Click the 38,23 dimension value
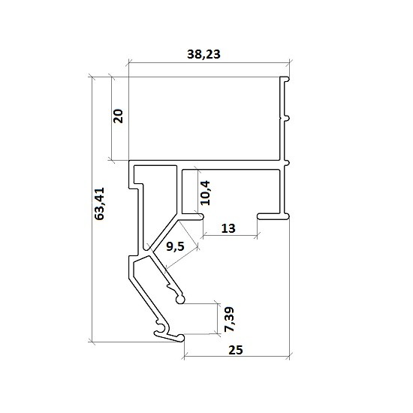(x=203, y=54)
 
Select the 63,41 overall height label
(x=100, y=203)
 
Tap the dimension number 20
(x=118, y=116)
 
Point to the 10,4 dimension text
(x=205, y=193)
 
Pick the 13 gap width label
(x=228, y=228)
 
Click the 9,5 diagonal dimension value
(x=175, y=246)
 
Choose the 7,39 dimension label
(x=228, y=319)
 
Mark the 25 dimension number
(x=236, y=350)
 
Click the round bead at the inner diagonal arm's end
(x=180, y=300)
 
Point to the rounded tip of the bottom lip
(x=181, y=338)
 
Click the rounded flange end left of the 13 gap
(x=201, y=217)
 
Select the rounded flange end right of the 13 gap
(x=261, y=216)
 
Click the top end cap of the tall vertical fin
(x=285, y=80)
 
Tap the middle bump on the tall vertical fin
(x=287, y=119)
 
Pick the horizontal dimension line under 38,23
(x=209, y=63)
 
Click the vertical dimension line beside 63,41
(x=92, y=210)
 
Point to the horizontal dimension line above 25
(x=237, y=357)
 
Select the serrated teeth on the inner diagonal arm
(x=171, y=287)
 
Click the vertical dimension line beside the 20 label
(x=111, y=119)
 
